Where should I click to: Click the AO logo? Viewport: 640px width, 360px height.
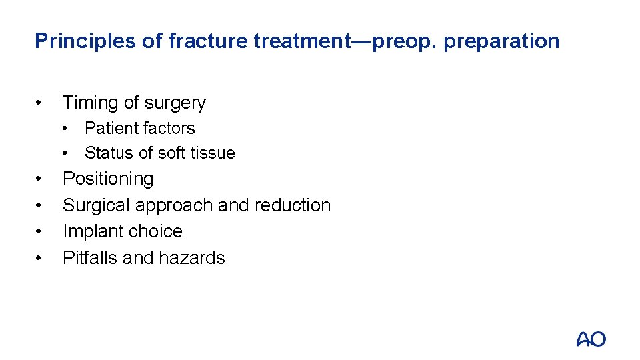point(591,339)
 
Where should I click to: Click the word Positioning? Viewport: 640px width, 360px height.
point(108,179)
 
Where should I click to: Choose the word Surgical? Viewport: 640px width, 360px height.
point(94,205)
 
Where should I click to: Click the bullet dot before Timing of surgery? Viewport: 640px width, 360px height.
point(41,103)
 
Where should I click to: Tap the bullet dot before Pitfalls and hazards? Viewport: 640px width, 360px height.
point(41,258)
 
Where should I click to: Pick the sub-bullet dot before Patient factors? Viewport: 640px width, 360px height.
point(67,128)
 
